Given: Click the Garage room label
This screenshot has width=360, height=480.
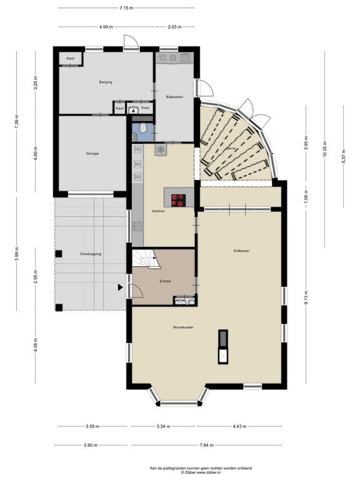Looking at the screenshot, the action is click(92, 154).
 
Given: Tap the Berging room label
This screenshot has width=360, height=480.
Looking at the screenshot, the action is click(106, 82).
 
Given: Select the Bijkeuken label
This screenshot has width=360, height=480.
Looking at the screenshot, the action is click(174, 97).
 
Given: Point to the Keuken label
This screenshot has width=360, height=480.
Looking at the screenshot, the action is click(159, 211).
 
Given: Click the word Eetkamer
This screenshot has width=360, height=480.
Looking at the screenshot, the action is click(241, 251).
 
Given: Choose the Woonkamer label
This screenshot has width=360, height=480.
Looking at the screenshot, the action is click(183, 327).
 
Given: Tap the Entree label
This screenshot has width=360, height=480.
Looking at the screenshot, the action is click(165, 281).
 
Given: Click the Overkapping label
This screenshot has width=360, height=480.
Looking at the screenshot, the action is click(91, 254).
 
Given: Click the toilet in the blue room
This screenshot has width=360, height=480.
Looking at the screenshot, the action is click(143, 127).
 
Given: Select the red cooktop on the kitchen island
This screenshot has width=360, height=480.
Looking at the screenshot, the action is click(179, 200).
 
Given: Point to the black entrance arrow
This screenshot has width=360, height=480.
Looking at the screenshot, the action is click(121, 287).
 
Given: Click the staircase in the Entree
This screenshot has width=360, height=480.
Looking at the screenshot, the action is click(146, 259).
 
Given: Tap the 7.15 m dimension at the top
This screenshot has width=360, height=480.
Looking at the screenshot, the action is click(126, 8).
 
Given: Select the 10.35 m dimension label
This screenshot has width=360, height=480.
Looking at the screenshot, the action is click(324, 149).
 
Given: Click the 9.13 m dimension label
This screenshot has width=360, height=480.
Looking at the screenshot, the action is click(306, 297).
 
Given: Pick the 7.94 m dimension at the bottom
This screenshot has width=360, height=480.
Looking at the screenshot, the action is click(207, 445).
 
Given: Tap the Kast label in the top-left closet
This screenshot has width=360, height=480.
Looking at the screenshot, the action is click(71, 58).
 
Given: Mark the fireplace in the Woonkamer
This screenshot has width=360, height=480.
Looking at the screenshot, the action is click(223, 347).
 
